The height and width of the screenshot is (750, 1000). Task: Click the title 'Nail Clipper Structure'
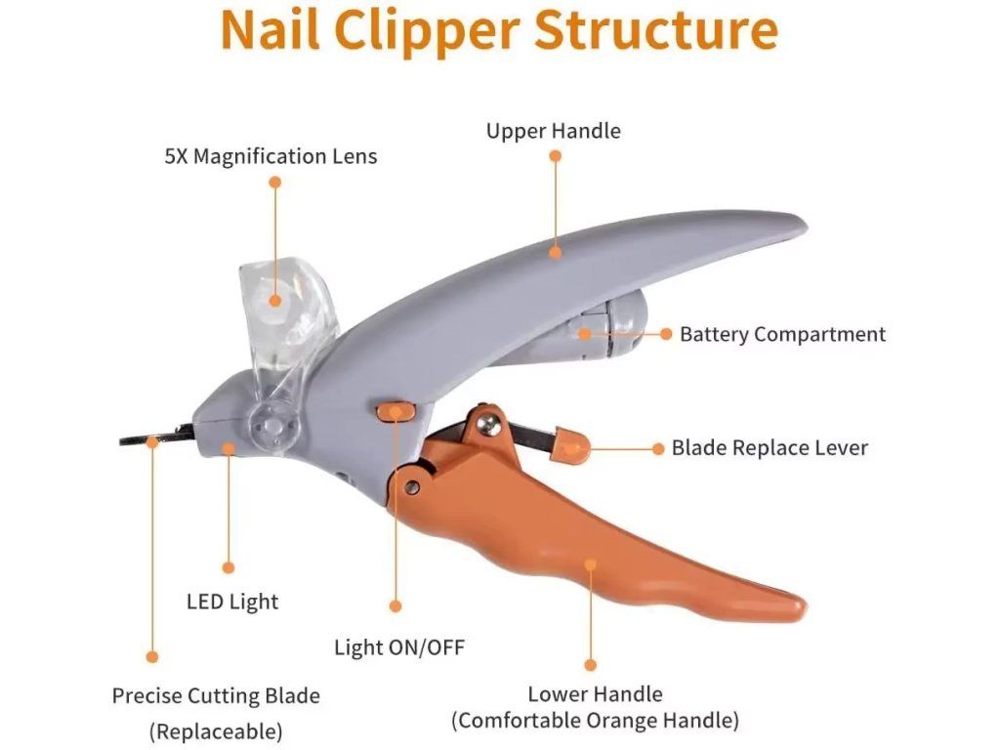pos(499,30)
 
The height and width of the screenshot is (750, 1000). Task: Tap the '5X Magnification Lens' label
pos(271,156)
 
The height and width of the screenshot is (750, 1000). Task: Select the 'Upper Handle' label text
pos(553,131)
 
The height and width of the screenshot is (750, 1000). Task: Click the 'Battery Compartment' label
pos(782,334)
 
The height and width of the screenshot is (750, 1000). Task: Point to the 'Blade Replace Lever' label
pos(770,448)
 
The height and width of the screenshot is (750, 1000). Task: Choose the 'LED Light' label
pos(232,602)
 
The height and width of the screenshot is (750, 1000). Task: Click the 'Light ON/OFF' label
pos(399,647)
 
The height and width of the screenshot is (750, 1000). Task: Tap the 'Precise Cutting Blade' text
pos(216,696)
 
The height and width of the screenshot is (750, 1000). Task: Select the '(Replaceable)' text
pos(216,730)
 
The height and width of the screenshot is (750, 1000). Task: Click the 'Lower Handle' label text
pos(595,694)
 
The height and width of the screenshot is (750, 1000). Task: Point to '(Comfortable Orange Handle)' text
pos(595,722)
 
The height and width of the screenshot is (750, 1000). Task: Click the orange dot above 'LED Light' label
pos(229,567)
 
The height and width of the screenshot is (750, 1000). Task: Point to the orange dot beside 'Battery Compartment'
pos(666,334)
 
